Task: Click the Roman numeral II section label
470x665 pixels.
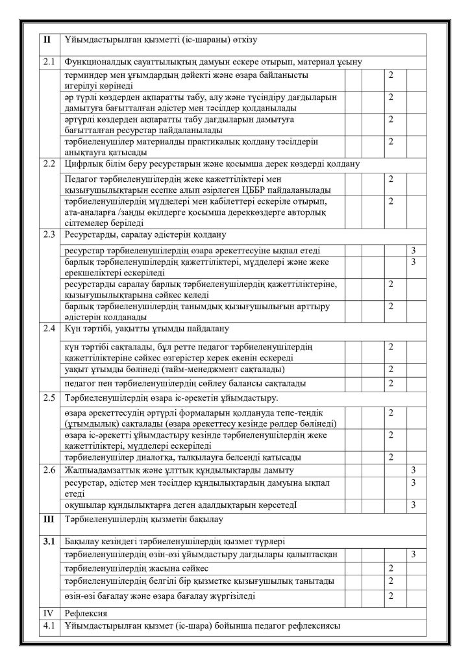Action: pos(47,40)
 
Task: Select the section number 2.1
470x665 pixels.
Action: pos(49,62)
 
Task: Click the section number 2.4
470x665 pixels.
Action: pos(49,329)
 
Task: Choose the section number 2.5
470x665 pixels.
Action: pos(49,397)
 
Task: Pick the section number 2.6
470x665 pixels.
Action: pos(49,470)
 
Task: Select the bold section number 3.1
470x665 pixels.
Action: pos(49,541)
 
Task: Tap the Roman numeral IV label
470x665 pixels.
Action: pos(48,612)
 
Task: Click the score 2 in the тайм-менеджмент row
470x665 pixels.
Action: pos(391,370)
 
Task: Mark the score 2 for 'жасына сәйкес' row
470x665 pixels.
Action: pos(391,568)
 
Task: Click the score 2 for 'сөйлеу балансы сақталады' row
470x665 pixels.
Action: pos(391,383)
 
